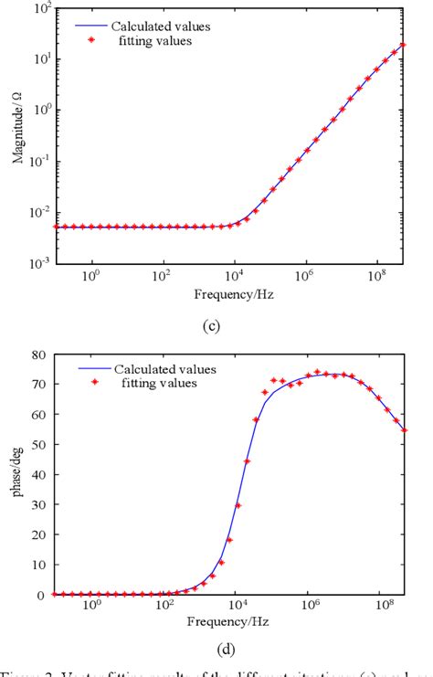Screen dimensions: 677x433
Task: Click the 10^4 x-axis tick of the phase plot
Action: pyautogui.click(x=236, y=607)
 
